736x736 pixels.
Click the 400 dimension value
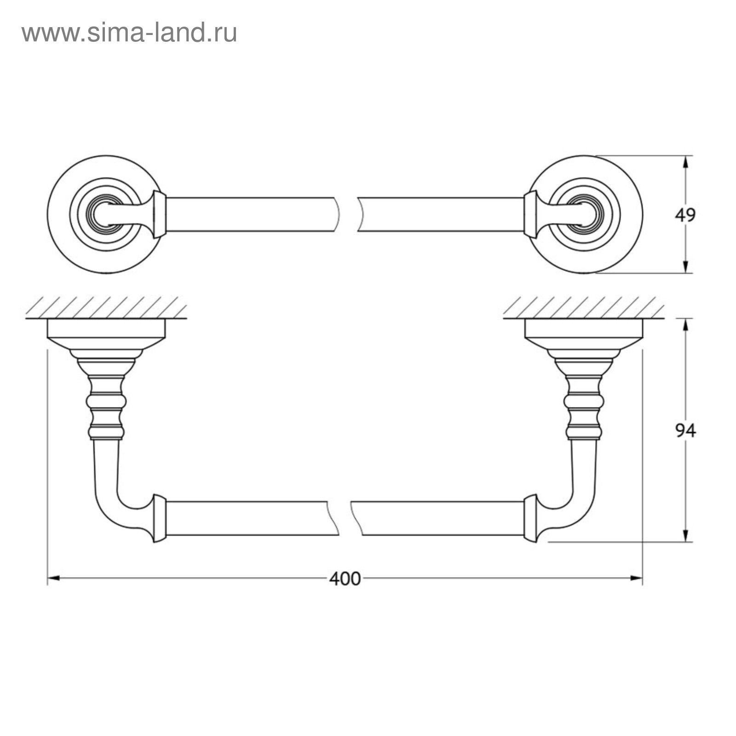[x=345, y=579]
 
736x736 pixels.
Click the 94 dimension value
[x=685, y=431]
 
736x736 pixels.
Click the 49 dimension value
[x=685, y=215]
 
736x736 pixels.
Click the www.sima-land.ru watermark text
[x=129, y=33]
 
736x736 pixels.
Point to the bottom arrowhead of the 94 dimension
[x=686, y=535]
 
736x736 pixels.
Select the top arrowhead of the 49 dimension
[x=686, y=162]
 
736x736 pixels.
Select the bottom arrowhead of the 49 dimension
[x=686, y=266]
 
